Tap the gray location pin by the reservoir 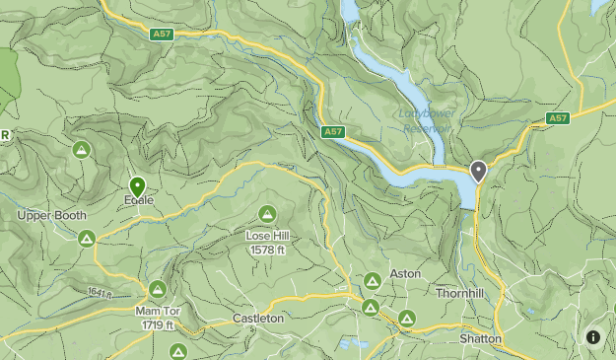click(x=479, y=172)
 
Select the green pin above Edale click(x=137, y=184)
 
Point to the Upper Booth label click(x=51, y=215)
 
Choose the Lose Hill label click(x=266, y=236)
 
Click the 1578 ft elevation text click(x=266, y=250)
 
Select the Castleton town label click(x=258, y=319)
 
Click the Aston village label click(x=405, y=273)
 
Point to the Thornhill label click(x=460, y=293)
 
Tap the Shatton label click(x=480, y=338)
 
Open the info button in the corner click(x=593, y=336)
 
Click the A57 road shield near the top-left click(x=162, y=34)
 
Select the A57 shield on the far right click(x=559, y=118)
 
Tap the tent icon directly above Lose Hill click(x=266, y=213)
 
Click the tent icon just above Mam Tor click(x=158, y=289)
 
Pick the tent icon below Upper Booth click(x=87, y=239)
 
